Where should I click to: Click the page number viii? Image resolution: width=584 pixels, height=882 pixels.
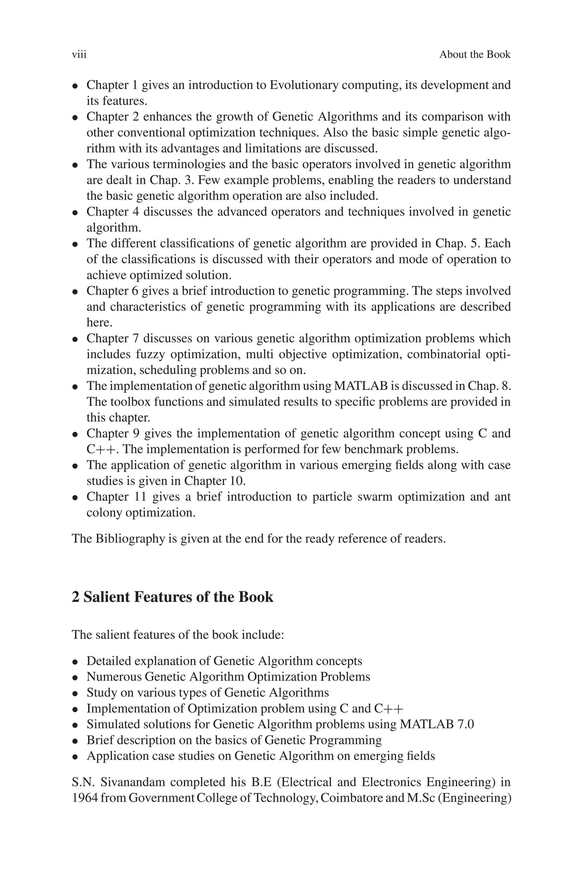coord(79,55)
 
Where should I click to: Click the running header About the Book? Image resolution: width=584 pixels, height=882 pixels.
coord(474,55)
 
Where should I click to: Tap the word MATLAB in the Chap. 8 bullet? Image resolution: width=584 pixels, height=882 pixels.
coord(361,386)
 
